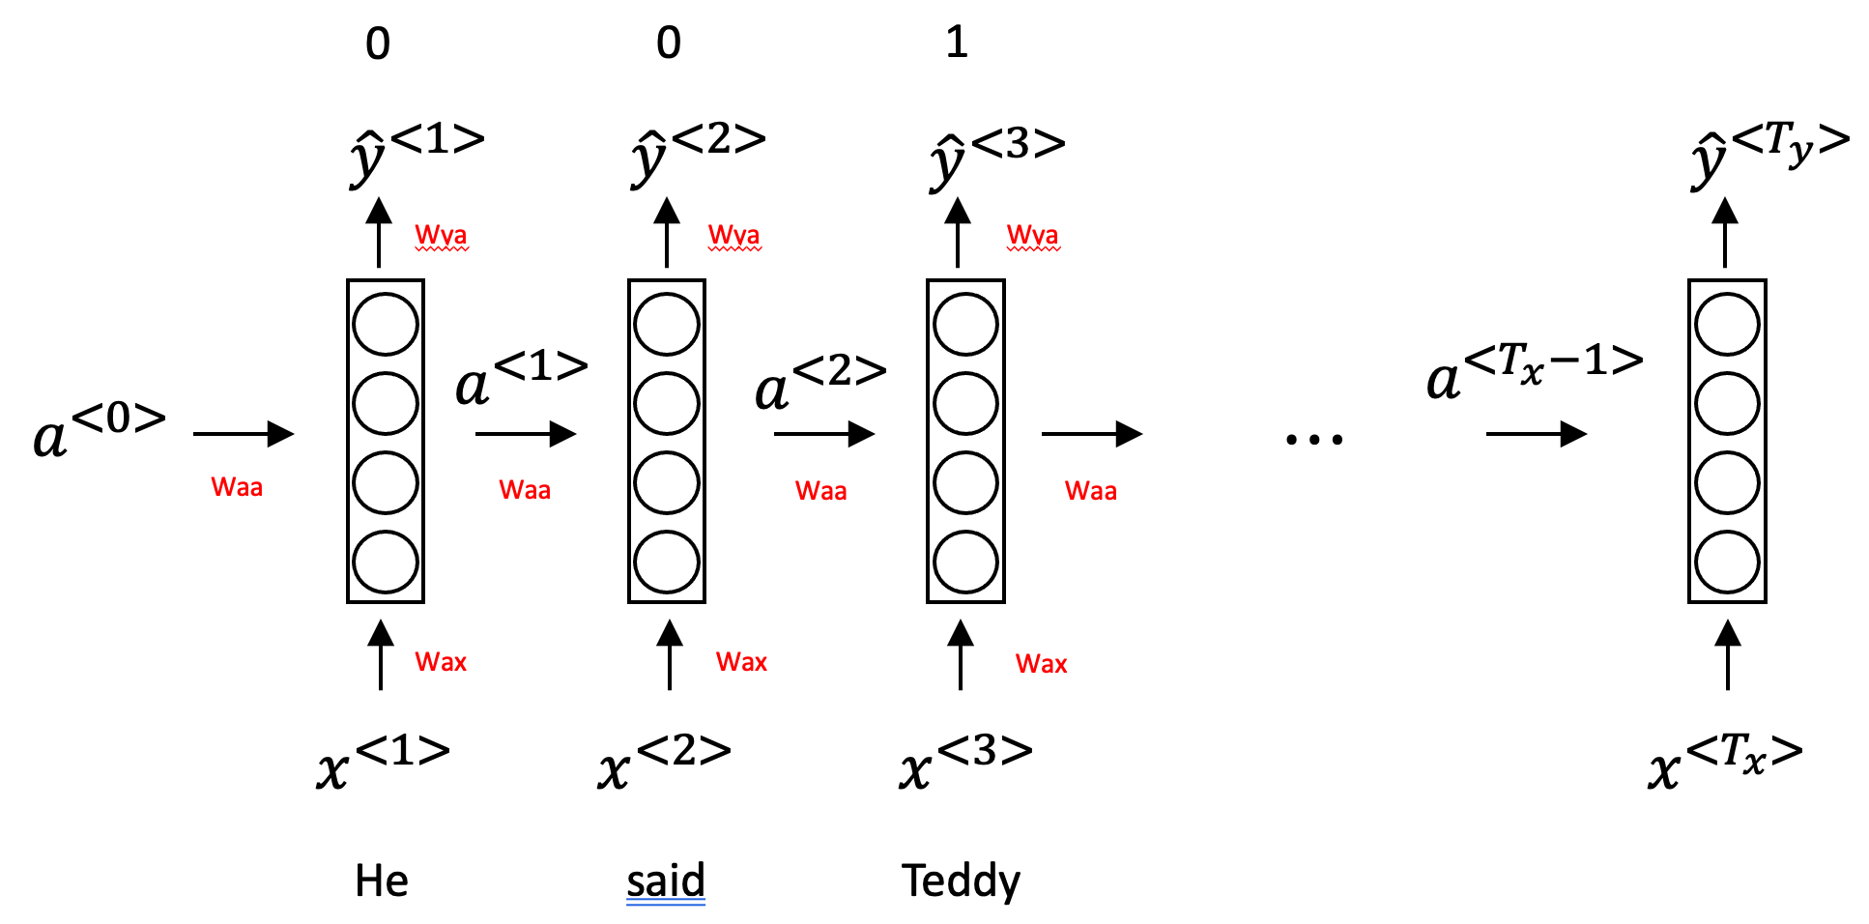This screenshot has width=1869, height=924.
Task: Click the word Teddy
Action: pyautogui.click(x=961, y=881)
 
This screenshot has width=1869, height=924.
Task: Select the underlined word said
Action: pyautogui.click(x=665, y=881)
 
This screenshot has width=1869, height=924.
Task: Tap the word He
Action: pyautogui.click(x=382, y=881)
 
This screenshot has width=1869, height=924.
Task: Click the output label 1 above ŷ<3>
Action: pyautogui.click(x=957, y=43)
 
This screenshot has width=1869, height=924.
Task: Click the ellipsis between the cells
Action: pyautogui.click(x=1314, y=440)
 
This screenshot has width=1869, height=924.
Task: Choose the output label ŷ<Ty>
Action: pyautogui.click(x=1768, y=155)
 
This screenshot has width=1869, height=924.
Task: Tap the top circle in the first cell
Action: pyautogui.click(x=386, y=325)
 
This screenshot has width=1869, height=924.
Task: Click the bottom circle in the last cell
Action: pyautogui.click(x=1727, y=562)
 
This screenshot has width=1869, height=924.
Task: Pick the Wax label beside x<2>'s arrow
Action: pyautogui.click(x=741, y=662)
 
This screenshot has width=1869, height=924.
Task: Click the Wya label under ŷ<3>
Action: pyautogui.click(x=1032, y=235)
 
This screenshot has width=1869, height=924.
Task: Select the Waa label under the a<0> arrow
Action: pyautogui.click(x=237, y=487)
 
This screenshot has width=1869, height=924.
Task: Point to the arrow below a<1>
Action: pyautogui.click(x=526, y=434)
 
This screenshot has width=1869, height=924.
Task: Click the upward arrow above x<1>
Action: pyautogui.click(x=381, y=654)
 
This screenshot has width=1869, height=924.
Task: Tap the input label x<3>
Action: pyautogui.click(x=965, y=762)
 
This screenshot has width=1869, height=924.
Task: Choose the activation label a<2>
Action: pyautogui.click(x=819, y=383)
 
